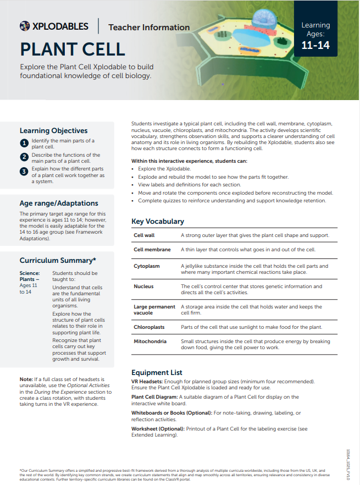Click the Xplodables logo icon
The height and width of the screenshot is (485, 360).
[25, 26]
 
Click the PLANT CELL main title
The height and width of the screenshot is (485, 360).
[73, 49]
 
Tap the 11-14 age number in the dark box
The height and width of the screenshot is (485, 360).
[315, 45]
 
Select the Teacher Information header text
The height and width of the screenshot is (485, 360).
[149, 27]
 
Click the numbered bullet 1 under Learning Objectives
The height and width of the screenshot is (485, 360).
[24, 144]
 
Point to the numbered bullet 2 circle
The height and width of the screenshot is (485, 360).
[24, 157]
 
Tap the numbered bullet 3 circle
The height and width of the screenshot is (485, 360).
[24, 172]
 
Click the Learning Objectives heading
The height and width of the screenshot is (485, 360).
[53, 131]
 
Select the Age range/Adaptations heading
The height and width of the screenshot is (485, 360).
[59, 203]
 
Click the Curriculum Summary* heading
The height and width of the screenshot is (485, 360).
[58, 261]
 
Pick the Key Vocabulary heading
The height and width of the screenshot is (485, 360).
[158, 222]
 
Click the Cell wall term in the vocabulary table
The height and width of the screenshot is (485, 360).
[145, 235]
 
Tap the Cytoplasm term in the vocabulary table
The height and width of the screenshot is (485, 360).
[147, 266]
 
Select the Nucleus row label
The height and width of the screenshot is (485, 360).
[143, 286]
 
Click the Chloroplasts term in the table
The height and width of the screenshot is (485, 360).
[149, 327]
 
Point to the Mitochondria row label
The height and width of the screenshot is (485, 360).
[150, 341]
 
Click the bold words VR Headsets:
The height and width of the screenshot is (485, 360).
[147, 382]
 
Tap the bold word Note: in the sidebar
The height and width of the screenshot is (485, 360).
[26, 380]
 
